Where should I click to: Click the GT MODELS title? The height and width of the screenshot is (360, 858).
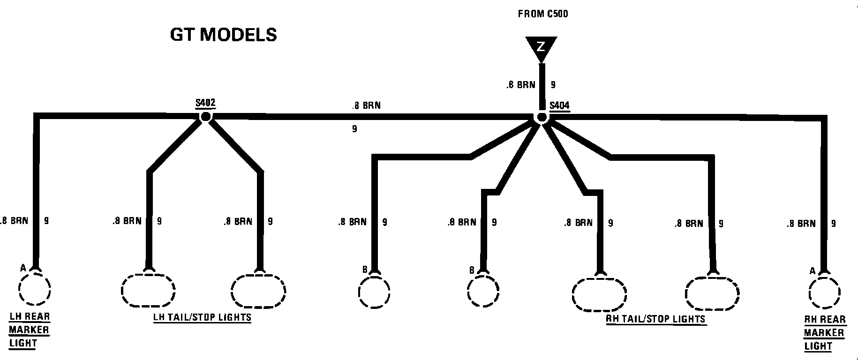point(223,35)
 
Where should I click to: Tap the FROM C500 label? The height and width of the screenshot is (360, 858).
point(542,14)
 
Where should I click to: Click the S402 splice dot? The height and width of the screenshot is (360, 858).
point(205,117)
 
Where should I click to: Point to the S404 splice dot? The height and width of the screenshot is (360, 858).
point(542,117)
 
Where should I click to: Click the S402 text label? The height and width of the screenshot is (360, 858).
point(205,103)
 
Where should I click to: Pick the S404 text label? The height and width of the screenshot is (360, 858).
point(559,105)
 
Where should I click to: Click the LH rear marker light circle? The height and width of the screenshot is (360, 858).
point(35,289)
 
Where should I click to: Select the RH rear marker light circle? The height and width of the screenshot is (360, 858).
point(825,293)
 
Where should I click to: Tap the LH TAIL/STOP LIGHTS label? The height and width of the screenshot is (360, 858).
point(202,317)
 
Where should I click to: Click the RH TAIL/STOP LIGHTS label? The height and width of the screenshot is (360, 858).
point(656,319)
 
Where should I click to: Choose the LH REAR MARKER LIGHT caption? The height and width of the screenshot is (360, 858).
point(29,330)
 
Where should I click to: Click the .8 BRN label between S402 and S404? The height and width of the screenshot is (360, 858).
point(366,106)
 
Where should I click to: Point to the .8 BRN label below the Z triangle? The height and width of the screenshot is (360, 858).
point(520,85)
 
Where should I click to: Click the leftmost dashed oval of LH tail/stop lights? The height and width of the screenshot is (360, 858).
point(148,290)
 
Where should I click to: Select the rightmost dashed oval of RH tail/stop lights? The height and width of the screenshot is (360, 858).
point(712,293)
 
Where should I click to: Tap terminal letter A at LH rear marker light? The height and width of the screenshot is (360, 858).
point(23,268)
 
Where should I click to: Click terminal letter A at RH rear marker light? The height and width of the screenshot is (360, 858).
point(812,271)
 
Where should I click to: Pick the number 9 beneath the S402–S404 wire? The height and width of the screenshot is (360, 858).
point(354,128)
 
